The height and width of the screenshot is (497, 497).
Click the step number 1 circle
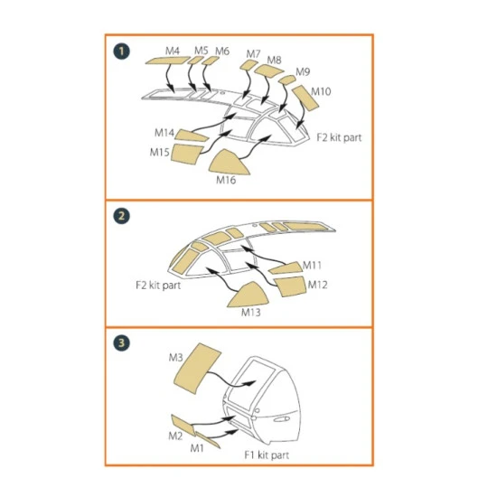coord(119,50)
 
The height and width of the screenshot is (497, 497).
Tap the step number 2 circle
coord(119,217)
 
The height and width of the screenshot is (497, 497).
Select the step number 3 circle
coord(119,344)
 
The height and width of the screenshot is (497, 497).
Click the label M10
coord(320,91)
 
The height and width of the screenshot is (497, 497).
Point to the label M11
coord(312,265)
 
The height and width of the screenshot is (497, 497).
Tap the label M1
coord(197,447)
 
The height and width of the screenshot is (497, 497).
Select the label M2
coord(174,436)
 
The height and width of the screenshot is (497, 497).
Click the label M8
coord(274,60)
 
